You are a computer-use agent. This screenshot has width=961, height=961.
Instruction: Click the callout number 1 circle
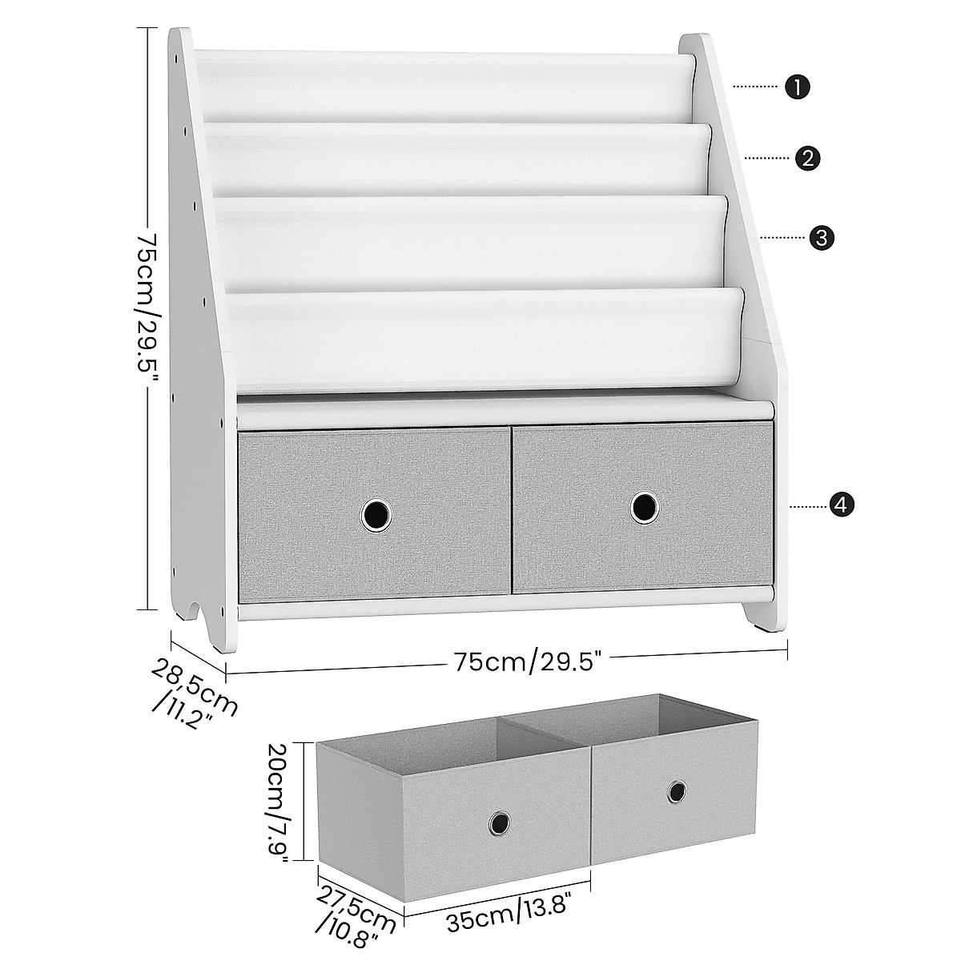[x=797, y=86]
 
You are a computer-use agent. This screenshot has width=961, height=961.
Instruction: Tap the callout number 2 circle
[x=807, y=159]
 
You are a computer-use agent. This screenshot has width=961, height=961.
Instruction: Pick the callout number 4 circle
[x=840, y=505]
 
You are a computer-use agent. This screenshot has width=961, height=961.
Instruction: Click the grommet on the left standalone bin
[x=500, y=822]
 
